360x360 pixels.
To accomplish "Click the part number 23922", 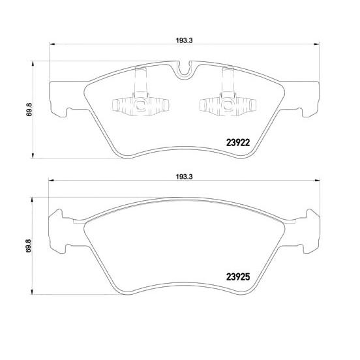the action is tap(237, 143).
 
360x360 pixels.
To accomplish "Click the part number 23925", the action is tap(237, 277).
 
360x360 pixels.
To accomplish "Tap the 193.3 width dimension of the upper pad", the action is tap(184, 40).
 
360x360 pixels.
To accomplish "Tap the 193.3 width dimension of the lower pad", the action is tap(184, 177).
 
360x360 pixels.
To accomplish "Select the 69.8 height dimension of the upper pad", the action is tap(29, 110).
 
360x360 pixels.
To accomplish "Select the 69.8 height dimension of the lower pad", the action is tap(29, 246).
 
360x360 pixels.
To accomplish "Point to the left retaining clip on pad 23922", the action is tap(140, 97).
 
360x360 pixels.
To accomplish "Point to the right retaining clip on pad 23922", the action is tap(228, 97).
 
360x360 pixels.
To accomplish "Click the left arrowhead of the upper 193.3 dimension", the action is tap(52, 44).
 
